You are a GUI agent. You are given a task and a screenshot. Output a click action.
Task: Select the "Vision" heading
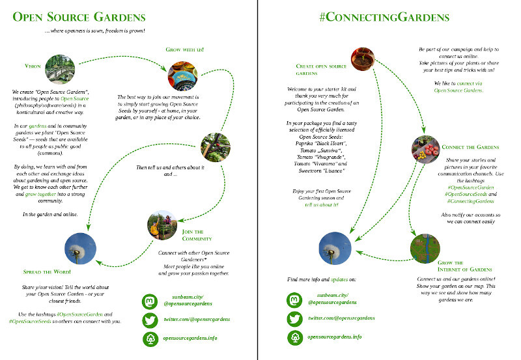point(33,66)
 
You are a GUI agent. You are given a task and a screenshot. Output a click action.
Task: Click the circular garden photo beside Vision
point(61,66)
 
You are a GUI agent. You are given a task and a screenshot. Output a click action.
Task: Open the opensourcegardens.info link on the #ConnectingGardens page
point(335,337)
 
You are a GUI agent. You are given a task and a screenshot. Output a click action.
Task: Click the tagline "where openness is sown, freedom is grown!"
point(95,31)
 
